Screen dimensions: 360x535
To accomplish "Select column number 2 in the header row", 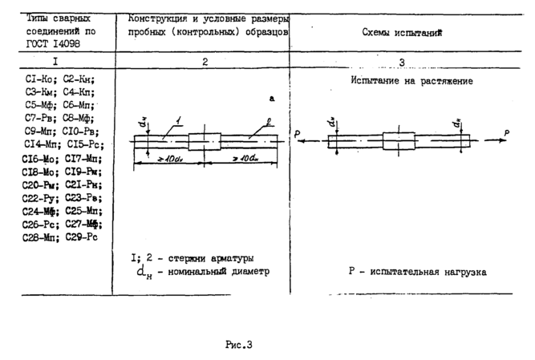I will pyautogui.click(x=205, y=61).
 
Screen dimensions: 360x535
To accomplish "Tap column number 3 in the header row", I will pyautogui.click(x=401, y=62).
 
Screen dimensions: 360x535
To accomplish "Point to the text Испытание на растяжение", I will pyautogui.click(x=411, y=81).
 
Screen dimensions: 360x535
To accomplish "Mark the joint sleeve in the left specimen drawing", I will pyautogui.click(x=204, y=141).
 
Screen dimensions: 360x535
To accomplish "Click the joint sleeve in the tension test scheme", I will pyautogui.click(x=399, y=140).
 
